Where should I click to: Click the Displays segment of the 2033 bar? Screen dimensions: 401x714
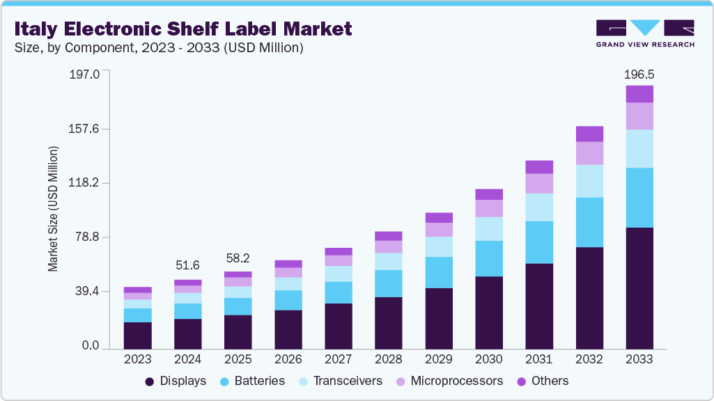point(639,288)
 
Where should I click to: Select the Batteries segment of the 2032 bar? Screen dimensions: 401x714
point(589,222)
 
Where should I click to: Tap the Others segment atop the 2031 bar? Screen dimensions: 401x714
point(539,166)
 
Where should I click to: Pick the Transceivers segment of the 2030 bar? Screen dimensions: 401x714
point(489,228)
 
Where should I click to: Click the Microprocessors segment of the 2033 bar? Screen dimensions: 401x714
point(639,116)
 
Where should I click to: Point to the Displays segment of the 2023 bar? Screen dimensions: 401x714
point(138,335)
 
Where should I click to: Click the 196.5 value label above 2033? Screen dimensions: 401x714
point(639,74)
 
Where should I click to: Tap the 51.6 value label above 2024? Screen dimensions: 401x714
point(188,265)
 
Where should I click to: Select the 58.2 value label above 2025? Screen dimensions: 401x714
point(238,258)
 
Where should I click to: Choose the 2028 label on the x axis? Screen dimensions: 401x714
point(389,359)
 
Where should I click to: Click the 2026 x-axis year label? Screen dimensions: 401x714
point(288,359)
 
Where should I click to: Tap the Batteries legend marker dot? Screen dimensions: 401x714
point(224,382)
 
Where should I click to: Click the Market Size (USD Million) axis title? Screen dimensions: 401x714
point(53,209)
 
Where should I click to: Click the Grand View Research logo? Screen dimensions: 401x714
point(644,33)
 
